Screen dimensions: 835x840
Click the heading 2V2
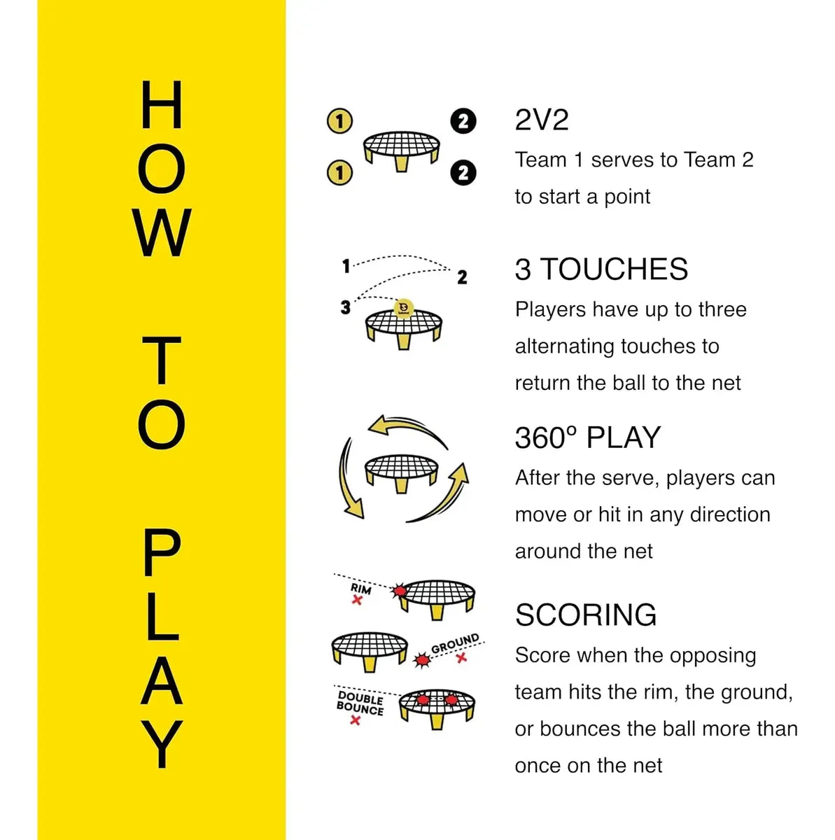(541, 120)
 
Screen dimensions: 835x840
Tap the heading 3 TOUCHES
(601, 269)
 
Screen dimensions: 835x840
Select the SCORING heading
(586, 615)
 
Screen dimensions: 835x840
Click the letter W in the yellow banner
(162, 232)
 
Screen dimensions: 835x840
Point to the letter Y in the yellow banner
(162, 744)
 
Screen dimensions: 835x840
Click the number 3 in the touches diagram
(345, 307)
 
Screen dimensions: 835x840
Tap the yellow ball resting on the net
(403, 308)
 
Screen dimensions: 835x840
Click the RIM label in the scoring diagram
(360, 589)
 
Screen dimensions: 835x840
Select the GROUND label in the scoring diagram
(455, 644)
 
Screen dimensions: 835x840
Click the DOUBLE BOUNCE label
(360, 704)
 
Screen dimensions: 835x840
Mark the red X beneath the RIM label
(357, 601)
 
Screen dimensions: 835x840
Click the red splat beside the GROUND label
(421, 660)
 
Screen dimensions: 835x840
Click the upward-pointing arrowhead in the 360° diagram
(460, 474)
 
